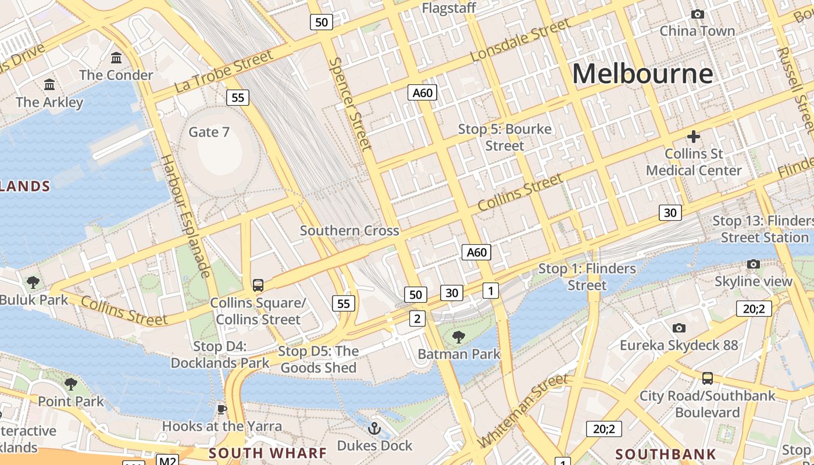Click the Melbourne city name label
(x=642, y=74)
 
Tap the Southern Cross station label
(x=349, y=231)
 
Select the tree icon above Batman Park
(x=459, y=336)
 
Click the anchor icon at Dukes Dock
(x=375, y=429)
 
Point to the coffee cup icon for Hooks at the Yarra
(x=222, y=409)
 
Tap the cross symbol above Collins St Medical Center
(x=693, y=137)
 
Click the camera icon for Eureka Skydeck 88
(x=679, y=328)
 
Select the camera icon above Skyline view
(x=754, y=264)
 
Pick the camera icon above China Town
(x=697, y=14)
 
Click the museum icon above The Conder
(x=116, y=58)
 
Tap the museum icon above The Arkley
(x=49, y=85)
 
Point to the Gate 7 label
(x=209, y=132)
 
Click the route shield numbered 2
(x=417, y=318)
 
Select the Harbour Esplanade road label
(x=185, y=216)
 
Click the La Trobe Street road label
(x=223, y=71)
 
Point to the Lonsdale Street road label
(x=520, y=40)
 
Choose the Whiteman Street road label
(x=522, y=412)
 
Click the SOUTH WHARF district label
(x=267, y=453)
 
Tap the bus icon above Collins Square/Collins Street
(x=258, y=285)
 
